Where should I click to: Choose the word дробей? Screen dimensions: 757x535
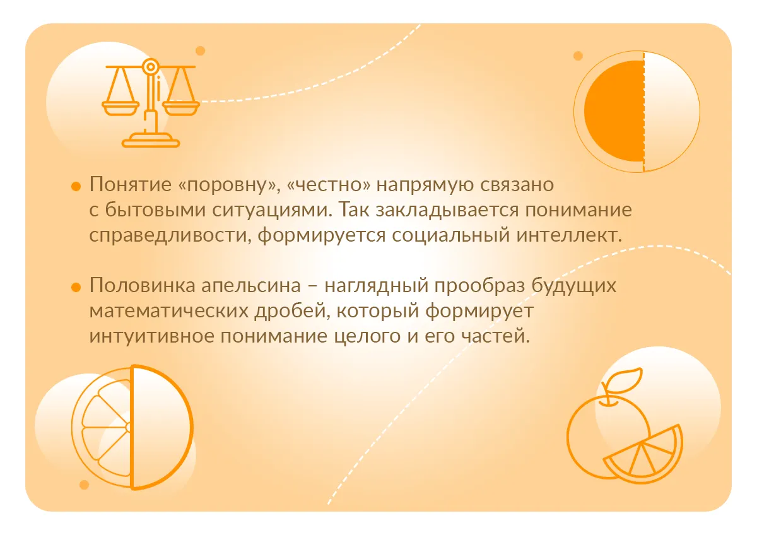tap(292, 310)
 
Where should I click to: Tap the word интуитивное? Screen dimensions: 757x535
tap(151, 336)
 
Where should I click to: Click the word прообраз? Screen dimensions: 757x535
tap(479, 286)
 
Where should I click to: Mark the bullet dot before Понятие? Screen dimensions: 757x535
tap(76, 186)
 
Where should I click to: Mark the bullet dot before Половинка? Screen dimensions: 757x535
tap(76, 287)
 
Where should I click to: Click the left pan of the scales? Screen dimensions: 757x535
tap(120, 108)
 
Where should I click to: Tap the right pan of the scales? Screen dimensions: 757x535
tap(181, 108)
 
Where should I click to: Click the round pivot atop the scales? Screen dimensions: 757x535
tap(150, 67)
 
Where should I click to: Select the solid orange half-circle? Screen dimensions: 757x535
tap(614, 111)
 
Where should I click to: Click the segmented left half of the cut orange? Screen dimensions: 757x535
tap(102, 427)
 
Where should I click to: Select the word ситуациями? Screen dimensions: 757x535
tap(270, 210)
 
